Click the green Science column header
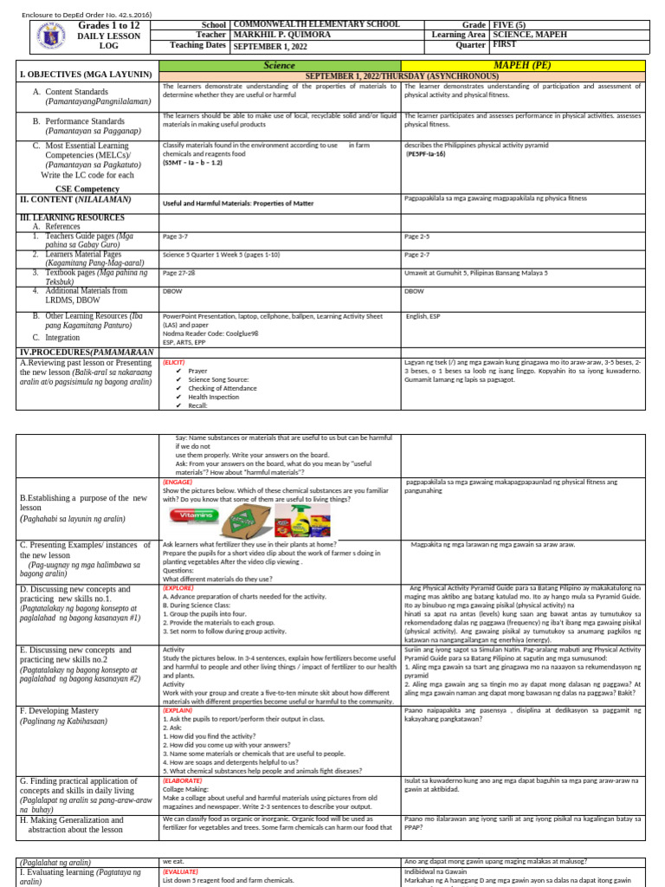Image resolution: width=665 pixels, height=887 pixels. (x=279, y=66)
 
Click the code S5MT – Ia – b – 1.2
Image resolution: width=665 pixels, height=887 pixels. (x=193, y=162)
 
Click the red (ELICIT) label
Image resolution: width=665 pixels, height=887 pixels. (x=176, y=362)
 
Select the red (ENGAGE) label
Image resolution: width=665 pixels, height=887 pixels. (x=178, y=482)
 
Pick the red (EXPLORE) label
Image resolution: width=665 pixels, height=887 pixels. (x=179, y=588)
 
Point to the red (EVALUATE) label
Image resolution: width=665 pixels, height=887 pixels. (x=181, y=871)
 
